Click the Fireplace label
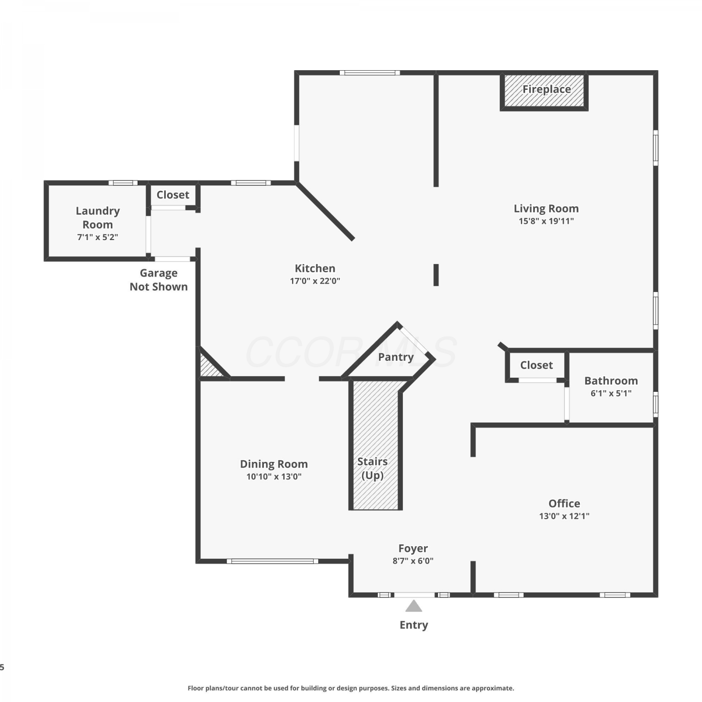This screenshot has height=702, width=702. tap(546, 89)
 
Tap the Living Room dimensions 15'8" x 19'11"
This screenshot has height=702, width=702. tap(546, 221)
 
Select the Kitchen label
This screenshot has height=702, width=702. tap(315, 268)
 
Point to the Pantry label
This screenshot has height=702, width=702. tap(396, 357)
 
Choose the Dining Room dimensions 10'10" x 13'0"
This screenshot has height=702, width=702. tap(274, 476)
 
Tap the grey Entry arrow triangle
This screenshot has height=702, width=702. tap(414, 606)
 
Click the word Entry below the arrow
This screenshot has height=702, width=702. tap(414, 625)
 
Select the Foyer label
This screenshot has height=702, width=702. tap(413, 548)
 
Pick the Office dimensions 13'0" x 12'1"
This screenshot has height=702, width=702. tap(564, 516)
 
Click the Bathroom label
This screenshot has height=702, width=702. tap(611, 380)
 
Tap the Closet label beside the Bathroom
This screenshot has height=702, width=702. tap(536, 365)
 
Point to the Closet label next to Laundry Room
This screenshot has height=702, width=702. tap(173, 195)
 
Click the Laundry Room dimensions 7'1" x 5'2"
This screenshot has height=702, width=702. tap(97, 237)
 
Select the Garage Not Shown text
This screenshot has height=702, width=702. tap(159, 280)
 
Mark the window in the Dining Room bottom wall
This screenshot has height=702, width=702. tap(272, 561)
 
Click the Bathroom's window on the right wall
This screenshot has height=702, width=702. tap(656, 404)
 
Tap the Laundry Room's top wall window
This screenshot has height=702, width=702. tap(123, 183)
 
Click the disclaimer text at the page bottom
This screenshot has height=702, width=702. tap(351, 688)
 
